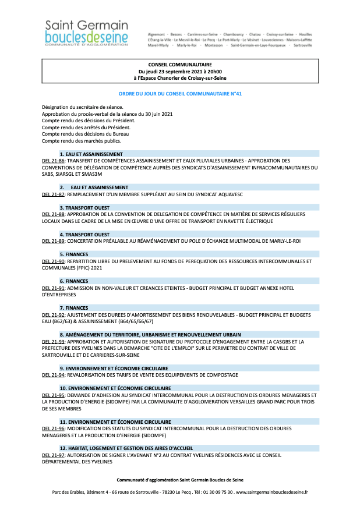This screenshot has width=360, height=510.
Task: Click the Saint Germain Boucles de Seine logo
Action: pyautogui.click(x=86, y=33)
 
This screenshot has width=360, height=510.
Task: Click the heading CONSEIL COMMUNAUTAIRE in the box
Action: pyautogui.click(x=179, y=65)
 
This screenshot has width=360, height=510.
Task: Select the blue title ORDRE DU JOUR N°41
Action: pyautogui.click(x=179, y=93)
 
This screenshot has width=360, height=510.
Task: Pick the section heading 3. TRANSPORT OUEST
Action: pyautogui.click(x=84, y=207)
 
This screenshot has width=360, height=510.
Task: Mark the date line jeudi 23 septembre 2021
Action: pyautogui.click(x=179, y=71)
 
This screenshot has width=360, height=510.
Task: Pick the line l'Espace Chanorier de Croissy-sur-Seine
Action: pyautogui.click(x=179, y=77)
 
